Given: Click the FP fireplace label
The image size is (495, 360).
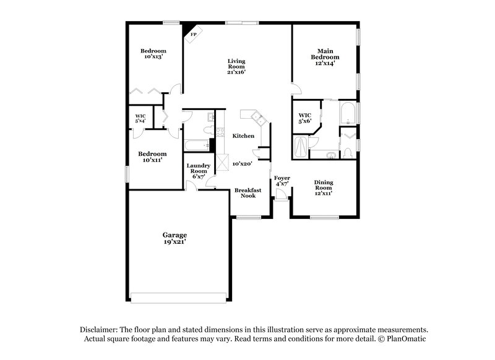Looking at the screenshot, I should (194, 35).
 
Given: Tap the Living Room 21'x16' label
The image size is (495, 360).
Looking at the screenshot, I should (237, 66).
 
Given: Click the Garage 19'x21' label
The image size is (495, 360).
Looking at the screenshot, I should (174, 239).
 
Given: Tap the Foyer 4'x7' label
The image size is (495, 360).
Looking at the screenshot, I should (282, 181).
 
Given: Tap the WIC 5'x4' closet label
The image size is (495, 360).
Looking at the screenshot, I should (140, 118).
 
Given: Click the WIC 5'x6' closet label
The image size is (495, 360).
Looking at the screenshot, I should (304, 119).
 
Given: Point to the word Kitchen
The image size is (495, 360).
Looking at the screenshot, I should (243, 135).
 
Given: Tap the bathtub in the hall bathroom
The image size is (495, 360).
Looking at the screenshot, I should (197, 145).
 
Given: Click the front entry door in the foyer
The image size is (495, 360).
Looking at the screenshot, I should (282, 197).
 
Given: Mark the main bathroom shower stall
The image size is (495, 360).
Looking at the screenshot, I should (301, 147).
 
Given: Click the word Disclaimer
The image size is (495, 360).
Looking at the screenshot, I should (100, 330).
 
